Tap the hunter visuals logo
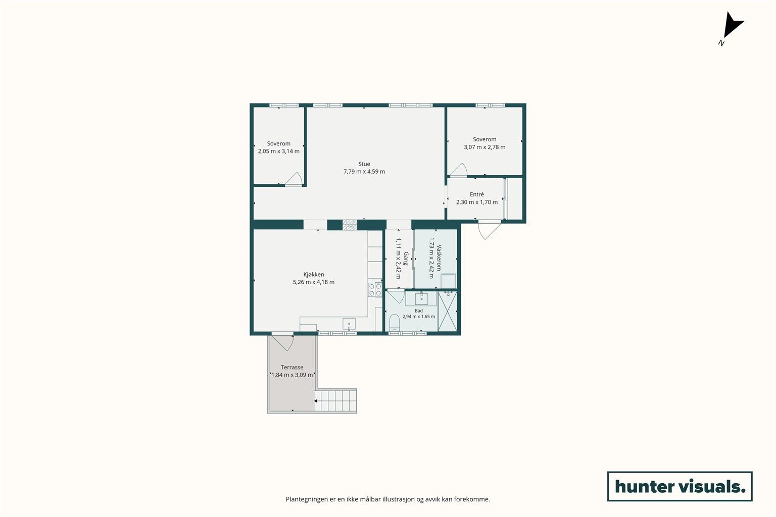680,486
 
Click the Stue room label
364,164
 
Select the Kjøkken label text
314,274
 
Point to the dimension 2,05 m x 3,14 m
278,151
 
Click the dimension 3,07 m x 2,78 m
484,147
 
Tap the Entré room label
477,194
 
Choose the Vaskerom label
439,258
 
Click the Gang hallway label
406,258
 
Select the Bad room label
418,311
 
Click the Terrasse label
292,367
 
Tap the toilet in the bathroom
394,323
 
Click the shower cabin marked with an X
448,311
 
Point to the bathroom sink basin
421,298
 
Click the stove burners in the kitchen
375,290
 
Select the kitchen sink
349,324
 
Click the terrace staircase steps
335,401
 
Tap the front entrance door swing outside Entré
489,230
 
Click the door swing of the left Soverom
294,179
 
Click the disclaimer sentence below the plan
387,499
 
